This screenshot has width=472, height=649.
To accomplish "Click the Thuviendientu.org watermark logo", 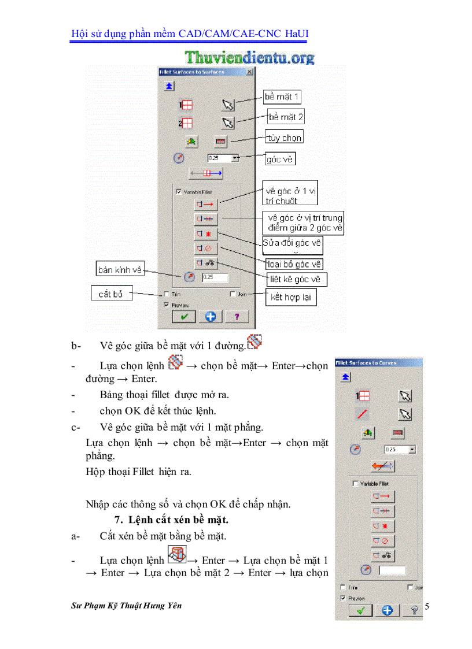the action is tap(250, 57).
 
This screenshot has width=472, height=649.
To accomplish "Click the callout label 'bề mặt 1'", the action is tap(282, 97).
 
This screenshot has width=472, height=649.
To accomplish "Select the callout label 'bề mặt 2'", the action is tap(286, 117).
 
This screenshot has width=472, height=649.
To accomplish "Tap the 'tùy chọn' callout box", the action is tap(284, 138).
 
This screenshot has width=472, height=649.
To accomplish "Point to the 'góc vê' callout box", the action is tap(279, 158).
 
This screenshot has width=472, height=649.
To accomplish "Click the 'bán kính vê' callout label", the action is tap(120, 269).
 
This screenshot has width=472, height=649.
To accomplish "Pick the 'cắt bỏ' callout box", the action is tap(111, 294).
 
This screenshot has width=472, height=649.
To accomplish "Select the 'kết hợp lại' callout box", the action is tap(293, 298).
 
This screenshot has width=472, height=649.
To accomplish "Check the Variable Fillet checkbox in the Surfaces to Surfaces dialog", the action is tap(179, 191).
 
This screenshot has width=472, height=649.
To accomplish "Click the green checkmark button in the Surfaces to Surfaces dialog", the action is tap(184, 316).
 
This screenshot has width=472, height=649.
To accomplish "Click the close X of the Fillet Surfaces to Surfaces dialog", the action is tap(249, 72).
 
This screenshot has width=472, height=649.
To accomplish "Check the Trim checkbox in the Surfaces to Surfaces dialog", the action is tap(167, 294).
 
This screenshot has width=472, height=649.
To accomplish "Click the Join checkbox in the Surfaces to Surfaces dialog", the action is tap(233, 294).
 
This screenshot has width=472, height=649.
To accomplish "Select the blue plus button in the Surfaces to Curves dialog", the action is tap(388, 610).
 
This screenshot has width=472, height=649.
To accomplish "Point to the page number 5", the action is tap(427, 606).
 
